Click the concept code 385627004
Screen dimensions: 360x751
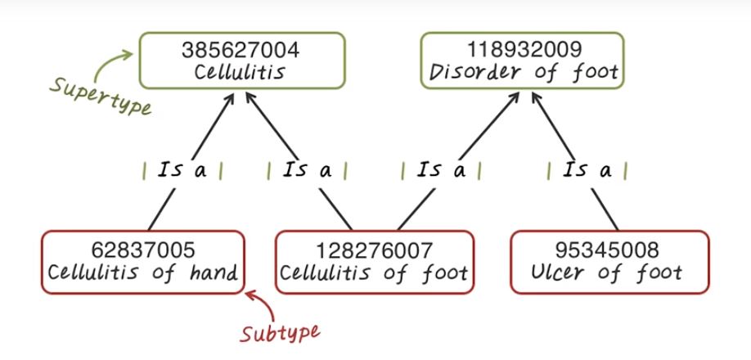pyautogui.click(x=241, y=50)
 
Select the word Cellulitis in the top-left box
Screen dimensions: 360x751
pyautogui.click(x=241, y=72)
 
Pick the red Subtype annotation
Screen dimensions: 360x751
pyautogui.click(x=280, y=332)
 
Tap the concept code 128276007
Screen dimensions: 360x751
pyautogui.click(x=374, y=250)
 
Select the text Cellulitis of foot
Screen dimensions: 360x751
pyautogui.click(x=374, y=272)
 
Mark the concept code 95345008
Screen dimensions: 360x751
pyautogui.click(x=609, y=250)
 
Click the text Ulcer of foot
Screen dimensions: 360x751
pyautogui.click(x=609, y=272)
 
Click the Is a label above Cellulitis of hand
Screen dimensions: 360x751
pyautogui.click(x=182, y=171)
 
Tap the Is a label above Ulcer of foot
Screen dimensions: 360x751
pyautogui.click(x=587, y=171)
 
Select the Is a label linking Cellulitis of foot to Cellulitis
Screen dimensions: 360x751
pyautogui.click(x=308, y=171)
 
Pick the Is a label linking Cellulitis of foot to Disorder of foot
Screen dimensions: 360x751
pyautogui.click(x=441, y=171)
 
